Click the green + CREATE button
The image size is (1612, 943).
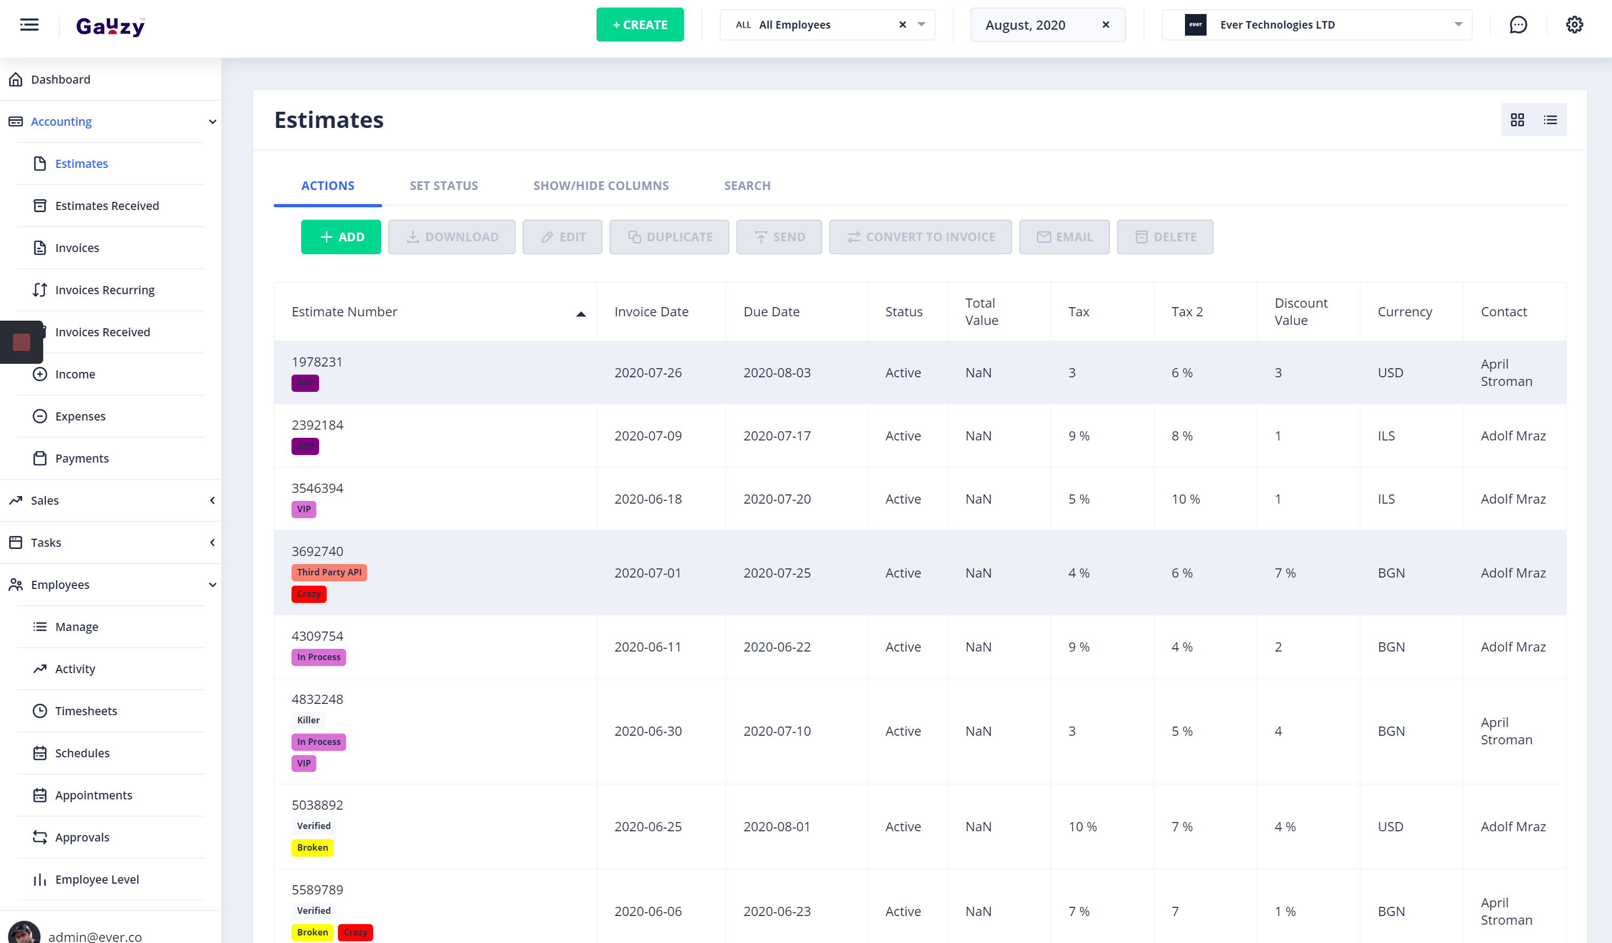pyautogui.click(x=640, y=25)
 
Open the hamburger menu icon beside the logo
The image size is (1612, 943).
pyautogui.click(x=30, y=25)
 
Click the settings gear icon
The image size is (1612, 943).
pyautogui.click(x=1574, y=25)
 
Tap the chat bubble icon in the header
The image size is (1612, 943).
pyautogui.click(x=1518, y=25)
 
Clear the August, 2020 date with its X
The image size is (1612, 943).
pyautogui.click(x=1106, y=25)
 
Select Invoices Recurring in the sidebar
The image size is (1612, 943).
pyautogui.click(x=105, y=290)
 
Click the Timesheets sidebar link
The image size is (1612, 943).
pyautogui.click(x=86, y=711)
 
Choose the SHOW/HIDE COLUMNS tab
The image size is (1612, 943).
pyautogui.click(x=601, y=186)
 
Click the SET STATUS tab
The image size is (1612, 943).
pyautogui.click(x=443, y=186)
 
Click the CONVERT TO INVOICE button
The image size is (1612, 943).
pyautogui.click(x=920, y=238)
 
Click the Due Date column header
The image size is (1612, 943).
pyautogui.click(x=771, y=311)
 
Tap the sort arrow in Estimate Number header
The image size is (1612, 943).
pyautogui.click(x=580, y=314)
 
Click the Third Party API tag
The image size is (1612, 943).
pyautogui.click(x=329, y=573)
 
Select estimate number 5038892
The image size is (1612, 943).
pyautogui.click(x=317, y=805)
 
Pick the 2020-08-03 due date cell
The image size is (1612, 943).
pyautogui.click(x=776, y=373)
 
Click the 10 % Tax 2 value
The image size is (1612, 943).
pyautogui.click(x=1186, y=499)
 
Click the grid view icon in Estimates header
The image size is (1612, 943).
pyautogui.click(x=1516, y=120)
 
